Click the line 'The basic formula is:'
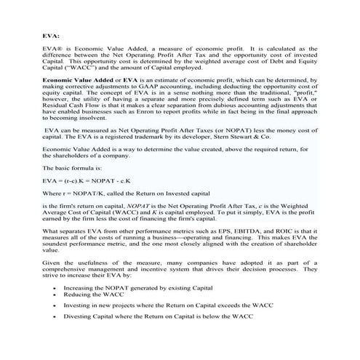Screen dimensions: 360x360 tap(68, 185)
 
